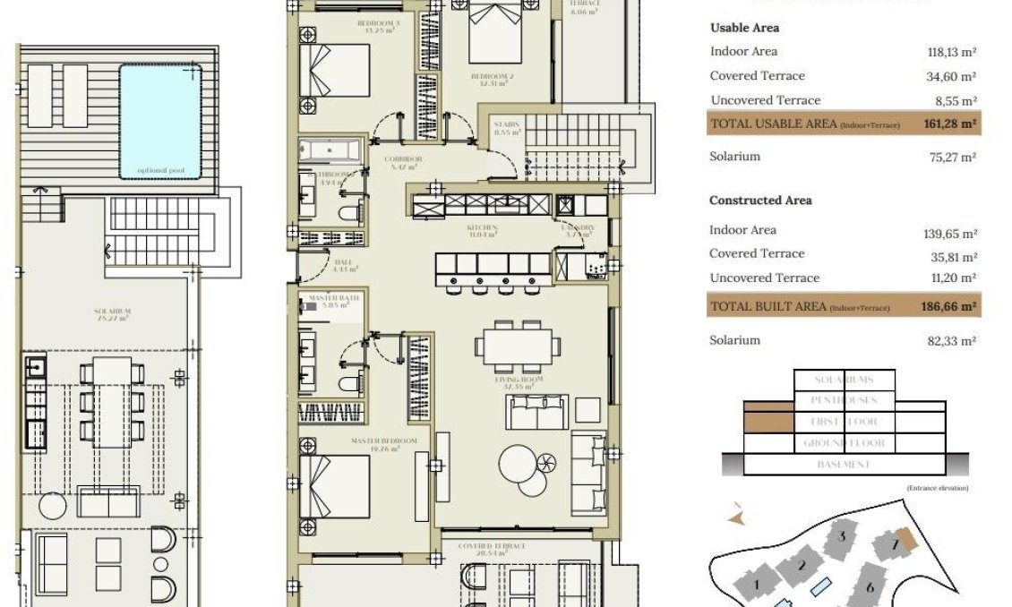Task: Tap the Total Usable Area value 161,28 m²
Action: pos(948,124)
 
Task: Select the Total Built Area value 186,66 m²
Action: pos(948,306)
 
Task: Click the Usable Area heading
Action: pos(744,28)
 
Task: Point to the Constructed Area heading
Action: pos(760,201)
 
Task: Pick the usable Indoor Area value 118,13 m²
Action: pos(951,52)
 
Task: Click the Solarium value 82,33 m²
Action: pos(951,340)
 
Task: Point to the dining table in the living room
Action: pos(519,346)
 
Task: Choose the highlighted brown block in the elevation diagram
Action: pos(769,421)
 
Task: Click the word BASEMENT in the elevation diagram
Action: pos(844,465)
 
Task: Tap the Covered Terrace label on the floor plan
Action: pos(491,545)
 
